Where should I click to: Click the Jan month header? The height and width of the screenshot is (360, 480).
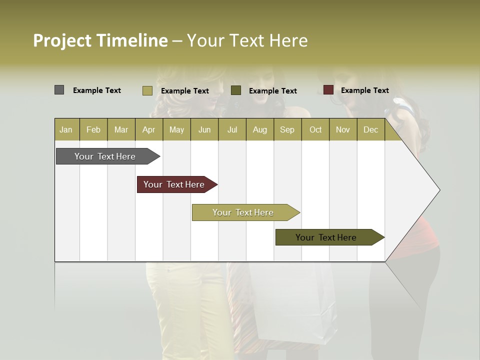pyautogui.click(x=66, y=129)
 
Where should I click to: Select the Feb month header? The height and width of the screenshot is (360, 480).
pyautogui.click(x=93, y=129)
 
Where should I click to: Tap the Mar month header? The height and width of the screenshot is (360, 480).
pyautogui.click(x=121, y=129)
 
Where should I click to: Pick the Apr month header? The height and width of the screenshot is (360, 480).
pyautogui.click(x=149, y=129)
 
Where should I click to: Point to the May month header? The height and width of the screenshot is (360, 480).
pyautogui.click(x=176, y=129)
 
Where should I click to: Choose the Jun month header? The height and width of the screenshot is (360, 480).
pyautogui.click(x=204, y=129)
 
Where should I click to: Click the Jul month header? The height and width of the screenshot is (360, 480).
pyautogui.click(x=232, y=129)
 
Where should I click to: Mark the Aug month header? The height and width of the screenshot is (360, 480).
pyautogui.click(x=260, y=129)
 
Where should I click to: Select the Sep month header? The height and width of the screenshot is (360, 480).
pyautogui.click(x=287, y=129)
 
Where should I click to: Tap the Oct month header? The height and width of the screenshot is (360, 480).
pyautogui.click(x=315, y=129)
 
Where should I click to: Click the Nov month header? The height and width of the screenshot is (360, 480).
pyautogui.click(x=343, y=129)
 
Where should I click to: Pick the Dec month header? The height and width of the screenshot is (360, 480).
pyautogui.click(x=371, y=129)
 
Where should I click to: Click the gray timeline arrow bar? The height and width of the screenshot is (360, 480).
pyautogui.click(x=105, y=156)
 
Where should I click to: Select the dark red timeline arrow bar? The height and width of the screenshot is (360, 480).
pyautogui.click(x=174, y=184)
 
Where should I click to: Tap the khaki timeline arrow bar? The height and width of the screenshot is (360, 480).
pyautogui.click(x=243, y=212)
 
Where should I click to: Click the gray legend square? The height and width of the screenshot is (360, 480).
pyautogui.click(x=59, y=90)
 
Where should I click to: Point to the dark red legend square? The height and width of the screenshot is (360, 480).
pyautogui.click(x=328, y=90)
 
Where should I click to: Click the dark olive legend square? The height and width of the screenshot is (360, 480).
pyautogui.click(x=236, y=90)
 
